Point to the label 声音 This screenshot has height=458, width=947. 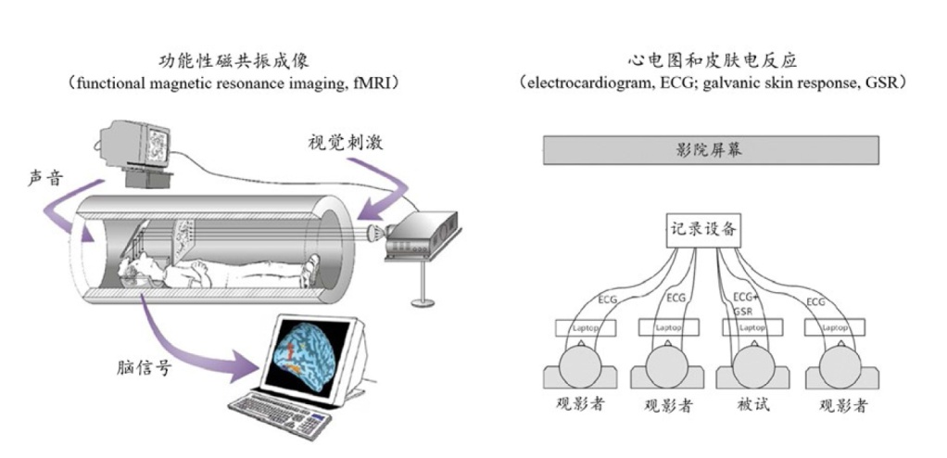tap(44, 177)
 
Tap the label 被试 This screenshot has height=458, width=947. tap(751, 406)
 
